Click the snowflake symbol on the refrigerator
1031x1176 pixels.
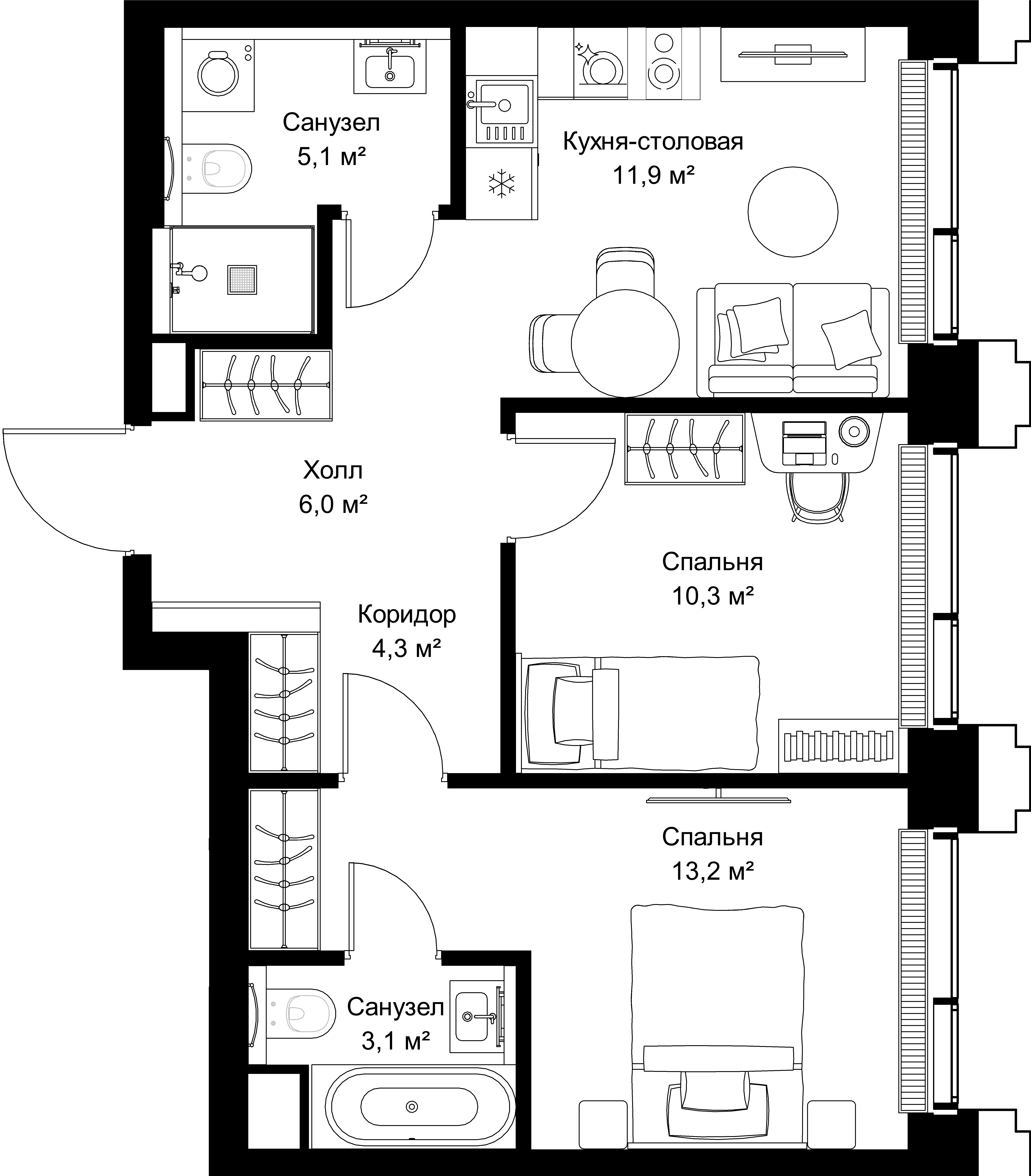tap(502, 184)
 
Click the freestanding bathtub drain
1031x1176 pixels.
tap(411, 1106)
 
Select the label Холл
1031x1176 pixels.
tap(332, 471)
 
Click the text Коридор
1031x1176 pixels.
tap(407, 614)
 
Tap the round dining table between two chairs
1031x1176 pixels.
tap(625, 343)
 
